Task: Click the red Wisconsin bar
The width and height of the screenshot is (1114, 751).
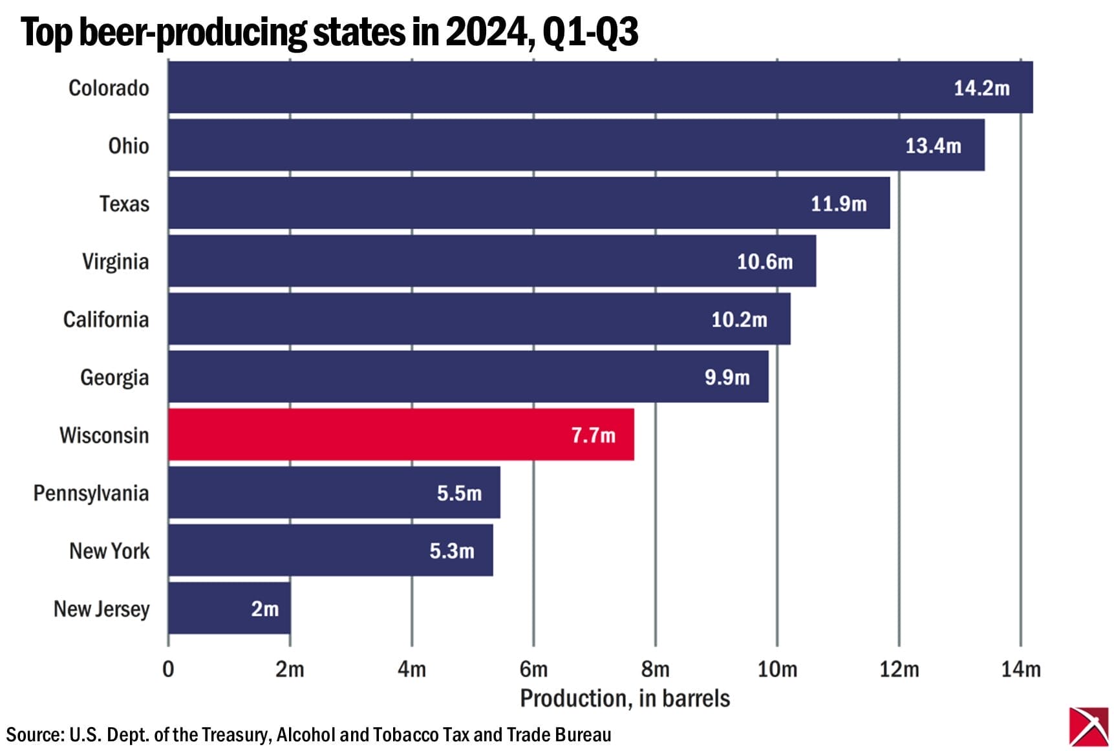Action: click(x=401, y=435)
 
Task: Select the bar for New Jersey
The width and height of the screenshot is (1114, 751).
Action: click(x=229, y=608)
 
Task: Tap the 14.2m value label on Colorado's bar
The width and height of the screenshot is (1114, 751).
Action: click(x=981, y=88)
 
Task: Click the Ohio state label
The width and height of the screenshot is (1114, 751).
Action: click(x=128, y=146)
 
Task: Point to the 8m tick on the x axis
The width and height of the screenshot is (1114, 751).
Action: click(x=655, y=668)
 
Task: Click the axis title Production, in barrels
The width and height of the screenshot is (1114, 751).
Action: click(x=625, y=699)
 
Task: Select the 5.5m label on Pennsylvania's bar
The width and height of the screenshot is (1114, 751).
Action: click(x=459, y=493)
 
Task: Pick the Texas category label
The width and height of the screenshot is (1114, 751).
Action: click(x=124, y=204)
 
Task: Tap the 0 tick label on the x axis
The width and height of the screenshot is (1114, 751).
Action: click(x=168, y=668)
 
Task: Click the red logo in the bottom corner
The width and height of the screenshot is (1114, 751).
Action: click(x=1088, y=726)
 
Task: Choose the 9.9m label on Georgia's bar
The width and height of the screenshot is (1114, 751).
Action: click(x=727, y=377)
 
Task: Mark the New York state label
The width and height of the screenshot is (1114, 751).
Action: click(x=109, y=550)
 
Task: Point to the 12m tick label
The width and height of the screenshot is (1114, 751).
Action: click(x=899, y=668)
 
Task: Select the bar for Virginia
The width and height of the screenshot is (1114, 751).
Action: click(x=491, y=261)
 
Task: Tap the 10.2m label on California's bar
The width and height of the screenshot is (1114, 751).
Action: click(x=739, y=320)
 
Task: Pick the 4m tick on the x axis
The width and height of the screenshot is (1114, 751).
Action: click(x=412, y=668)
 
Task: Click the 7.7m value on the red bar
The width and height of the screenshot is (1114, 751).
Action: click(x=593, y=435)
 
